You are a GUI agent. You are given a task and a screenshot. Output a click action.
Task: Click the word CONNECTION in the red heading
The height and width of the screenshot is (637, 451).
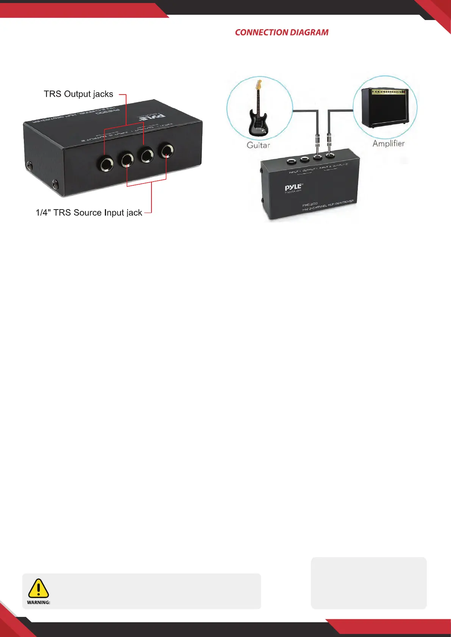(259, 33)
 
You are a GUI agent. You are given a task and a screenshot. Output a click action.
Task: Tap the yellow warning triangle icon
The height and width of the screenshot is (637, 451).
(38, 588)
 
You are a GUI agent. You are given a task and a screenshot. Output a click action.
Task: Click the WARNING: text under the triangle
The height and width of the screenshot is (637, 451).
(39, 603)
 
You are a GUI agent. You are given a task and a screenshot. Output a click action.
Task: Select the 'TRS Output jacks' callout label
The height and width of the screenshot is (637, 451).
(78, 94)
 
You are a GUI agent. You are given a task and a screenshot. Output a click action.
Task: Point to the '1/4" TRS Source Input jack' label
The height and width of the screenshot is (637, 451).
(89, 213)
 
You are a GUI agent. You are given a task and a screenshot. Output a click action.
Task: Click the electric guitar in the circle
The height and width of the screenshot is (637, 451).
(259, 113)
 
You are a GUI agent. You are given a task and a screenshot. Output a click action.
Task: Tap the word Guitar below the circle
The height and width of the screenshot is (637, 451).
(258, 145)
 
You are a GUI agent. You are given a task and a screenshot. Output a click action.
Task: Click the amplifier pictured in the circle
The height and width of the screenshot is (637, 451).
(385, 108)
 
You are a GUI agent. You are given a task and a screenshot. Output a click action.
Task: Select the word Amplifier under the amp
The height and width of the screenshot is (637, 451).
(389, 143)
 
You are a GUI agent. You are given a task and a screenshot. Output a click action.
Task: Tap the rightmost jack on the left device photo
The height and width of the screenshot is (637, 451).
(167, 151)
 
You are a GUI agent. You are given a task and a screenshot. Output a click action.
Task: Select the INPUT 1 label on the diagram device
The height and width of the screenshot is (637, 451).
(295, 172)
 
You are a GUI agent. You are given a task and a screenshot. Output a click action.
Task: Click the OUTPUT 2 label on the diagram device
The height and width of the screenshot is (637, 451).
(340, 165)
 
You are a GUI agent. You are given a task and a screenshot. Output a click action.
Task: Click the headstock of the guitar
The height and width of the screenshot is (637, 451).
(259, 84)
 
